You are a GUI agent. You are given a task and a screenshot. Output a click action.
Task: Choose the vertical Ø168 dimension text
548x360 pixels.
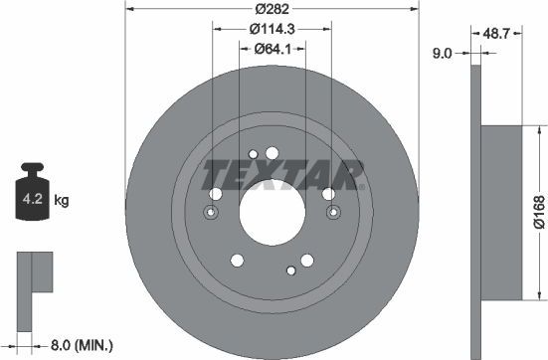point(538,211)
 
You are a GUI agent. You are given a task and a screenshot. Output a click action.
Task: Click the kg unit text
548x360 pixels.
point(61,201)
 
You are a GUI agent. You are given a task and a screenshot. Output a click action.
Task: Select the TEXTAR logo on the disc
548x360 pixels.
point(282,173)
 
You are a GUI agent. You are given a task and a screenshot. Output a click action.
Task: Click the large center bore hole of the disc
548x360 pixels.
point(270,214)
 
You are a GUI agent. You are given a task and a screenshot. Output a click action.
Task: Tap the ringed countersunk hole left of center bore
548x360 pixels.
point(210,213)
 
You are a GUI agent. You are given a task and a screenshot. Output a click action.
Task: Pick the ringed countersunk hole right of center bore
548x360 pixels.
point(329,213)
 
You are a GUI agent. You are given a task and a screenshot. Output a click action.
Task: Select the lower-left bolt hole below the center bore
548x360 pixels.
point(237,261)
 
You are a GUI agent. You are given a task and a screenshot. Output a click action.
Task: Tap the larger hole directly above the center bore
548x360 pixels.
point(273,152)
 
